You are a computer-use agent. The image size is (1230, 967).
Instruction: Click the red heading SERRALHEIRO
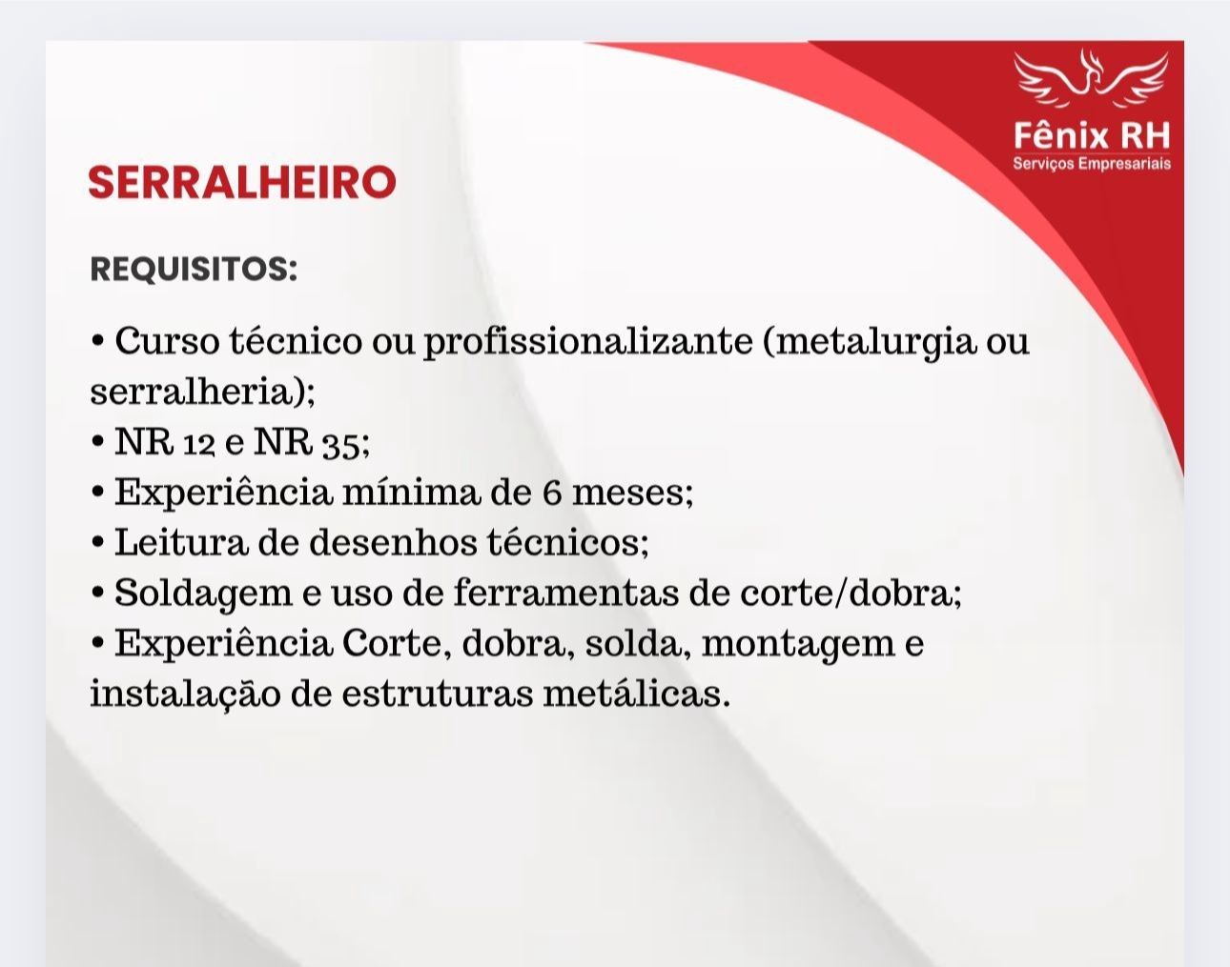coord(242,182)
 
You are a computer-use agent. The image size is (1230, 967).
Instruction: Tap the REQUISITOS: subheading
coord(194,269)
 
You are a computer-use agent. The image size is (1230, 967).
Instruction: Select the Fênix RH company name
coord(1092,136)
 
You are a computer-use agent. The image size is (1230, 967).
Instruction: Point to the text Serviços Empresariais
coord(1092,164)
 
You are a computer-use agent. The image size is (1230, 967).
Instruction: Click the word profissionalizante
coord(588,343)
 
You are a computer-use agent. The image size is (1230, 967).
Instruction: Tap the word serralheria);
coord(203,393)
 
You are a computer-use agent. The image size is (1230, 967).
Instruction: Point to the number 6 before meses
coord(552,494)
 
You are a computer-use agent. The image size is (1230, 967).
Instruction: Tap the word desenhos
coord(393,542)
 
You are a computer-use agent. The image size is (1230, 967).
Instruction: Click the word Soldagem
coord(203,594)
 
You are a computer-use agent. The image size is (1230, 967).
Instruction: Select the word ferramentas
coord(566,593)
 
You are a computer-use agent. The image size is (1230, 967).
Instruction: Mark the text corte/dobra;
coord(851,593)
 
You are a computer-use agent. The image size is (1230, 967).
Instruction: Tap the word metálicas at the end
coord(637,694)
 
